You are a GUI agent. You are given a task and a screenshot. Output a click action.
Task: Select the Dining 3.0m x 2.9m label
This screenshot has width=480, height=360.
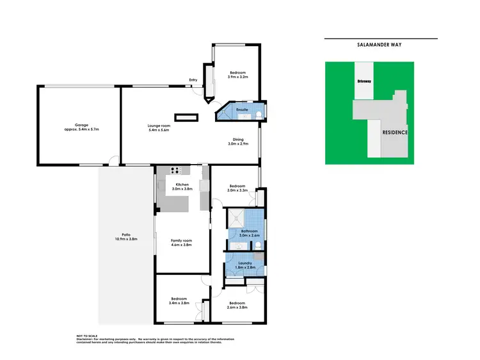tap(237, 142)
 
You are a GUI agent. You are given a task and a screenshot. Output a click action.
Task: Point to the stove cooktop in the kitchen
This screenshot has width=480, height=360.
tap(176, 170)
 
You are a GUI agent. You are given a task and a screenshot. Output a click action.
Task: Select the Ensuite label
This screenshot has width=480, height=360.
tap(242, 110)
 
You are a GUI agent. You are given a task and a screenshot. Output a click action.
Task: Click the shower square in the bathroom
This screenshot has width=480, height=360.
tap(236, 216)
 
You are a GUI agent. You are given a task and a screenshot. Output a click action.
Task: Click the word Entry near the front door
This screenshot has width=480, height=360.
tap(193, 80)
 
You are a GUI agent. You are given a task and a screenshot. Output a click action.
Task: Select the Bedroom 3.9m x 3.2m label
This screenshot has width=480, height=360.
tap(237, 74)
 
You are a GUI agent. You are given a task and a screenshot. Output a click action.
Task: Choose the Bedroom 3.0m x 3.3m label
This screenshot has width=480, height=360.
tap(237, 188)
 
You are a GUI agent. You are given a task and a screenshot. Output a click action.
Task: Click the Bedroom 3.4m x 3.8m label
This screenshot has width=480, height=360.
tap(179, 301)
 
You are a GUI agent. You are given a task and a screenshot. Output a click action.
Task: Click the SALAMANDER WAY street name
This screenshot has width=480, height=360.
tap(380, 45)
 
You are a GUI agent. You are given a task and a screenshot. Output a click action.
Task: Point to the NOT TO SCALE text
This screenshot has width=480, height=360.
tap(89, 335)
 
